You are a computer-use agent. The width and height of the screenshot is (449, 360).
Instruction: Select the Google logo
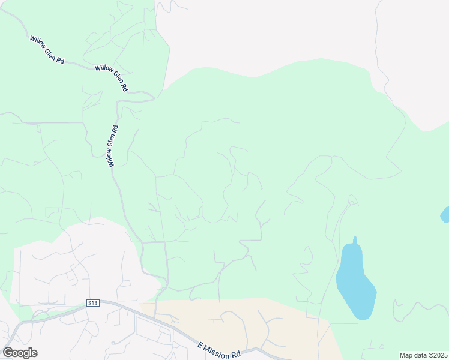[x=20, y=353]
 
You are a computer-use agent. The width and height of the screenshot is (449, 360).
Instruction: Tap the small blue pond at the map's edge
[x=445, y=214]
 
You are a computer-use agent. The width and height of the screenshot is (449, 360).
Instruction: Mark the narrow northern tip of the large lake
[x=355, y=241]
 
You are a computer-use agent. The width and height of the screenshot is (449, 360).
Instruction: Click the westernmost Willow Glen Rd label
[x=47, y=50]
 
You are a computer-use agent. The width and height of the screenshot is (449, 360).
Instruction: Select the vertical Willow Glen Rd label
[x=112, y=146]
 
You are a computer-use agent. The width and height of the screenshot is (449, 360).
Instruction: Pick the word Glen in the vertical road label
[x=112, y=145]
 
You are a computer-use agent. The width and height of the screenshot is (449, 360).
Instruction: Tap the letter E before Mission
[x=200, y=344]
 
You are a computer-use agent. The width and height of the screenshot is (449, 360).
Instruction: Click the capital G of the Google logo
[x=8, y=353]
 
